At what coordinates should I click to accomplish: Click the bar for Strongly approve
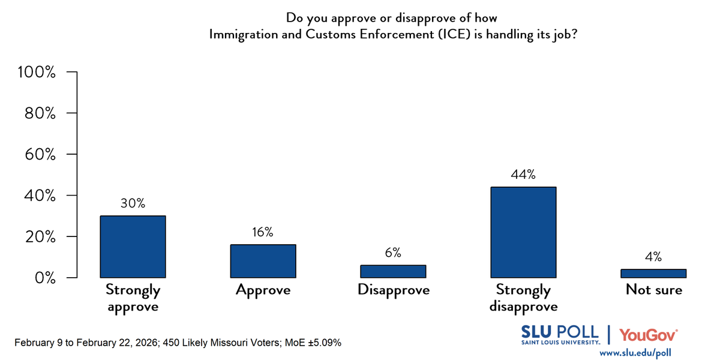tap(133, 247)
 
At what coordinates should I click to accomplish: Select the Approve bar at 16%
tap(263, 261)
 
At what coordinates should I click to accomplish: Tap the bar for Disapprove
tap(393, 271)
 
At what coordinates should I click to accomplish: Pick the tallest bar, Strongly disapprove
tap(523, 232)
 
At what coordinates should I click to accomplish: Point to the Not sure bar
tap(653, 274)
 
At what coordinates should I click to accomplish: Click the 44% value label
tap(523, 175)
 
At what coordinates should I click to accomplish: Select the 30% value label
tap(133, 203)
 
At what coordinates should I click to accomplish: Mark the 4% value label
tap(653, 257)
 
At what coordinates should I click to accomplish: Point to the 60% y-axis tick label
tap(40, 154)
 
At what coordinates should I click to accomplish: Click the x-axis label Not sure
tap(653, 290)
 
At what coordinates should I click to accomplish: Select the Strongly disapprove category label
tap(523, 298)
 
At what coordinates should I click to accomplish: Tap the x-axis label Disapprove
tap(393, 290)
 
